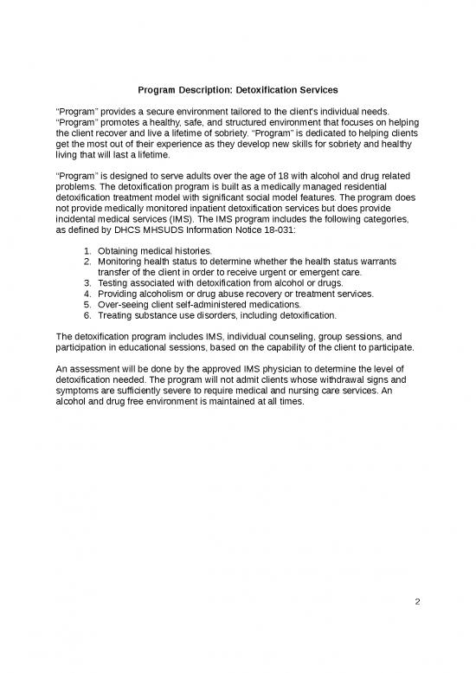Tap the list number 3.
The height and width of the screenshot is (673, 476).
87,282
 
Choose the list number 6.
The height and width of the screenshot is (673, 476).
87,315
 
